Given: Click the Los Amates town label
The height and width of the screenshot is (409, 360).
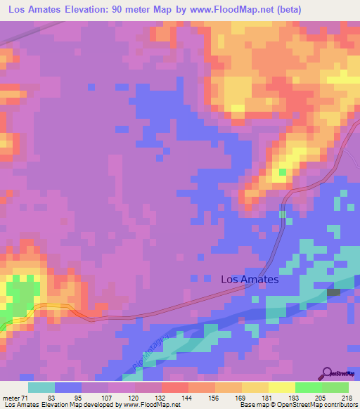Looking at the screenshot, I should [250, 279].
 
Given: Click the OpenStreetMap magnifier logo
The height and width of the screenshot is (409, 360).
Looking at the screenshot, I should [327, 373].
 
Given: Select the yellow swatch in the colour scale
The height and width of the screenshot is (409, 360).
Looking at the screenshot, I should [281, 387].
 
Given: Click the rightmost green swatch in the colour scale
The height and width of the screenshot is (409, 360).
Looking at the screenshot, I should [335, 387].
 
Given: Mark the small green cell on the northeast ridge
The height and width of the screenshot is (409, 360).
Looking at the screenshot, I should [283, 171].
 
